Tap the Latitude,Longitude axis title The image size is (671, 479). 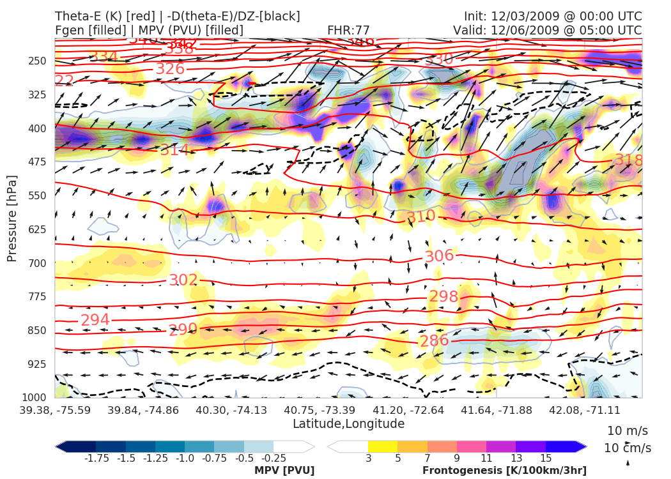[x=348, y=424]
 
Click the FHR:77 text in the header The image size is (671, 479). [x=348, y=30]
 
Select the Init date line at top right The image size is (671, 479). [x=553, y=16]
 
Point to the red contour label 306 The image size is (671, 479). [x=439, y=256]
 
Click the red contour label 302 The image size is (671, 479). [x=183, y=280]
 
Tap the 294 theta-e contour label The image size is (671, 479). [x=95, y=319]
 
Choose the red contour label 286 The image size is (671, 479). [x=434, y=340]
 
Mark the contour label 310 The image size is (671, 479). [x=421, y=217]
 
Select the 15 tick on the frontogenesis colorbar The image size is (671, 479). [x=545, y=458]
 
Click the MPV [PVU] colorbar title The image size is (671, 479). [x=284, y=471]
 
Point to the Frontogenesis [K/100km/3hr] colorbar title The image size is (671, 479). [x=504, y=471]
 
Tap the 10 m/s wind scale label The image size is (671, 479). [x=628, y=430]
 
